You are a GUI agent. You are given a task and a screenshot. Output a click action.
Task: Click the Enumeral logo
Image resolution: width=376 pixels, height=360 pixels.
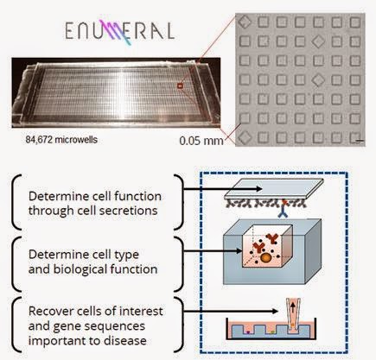tap(119, 31)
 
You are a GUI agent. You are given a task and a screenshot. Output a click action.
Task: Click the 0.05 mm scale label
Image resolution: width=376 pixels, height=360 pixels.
tap(201, 141)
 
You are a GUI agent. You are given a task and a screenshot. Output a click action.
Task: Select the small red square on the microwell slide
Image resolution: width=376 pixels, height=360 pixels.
tap(180, 85)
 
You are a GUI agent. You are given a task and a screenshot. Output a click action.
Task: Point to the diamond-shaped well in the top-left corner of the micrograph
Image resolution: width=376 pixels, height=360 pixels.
tap(245, 22)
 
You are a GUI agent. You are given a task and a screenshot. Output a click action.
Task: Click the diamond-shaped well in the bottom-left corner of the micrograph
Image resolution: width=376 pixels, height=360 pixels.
tap(245, 137)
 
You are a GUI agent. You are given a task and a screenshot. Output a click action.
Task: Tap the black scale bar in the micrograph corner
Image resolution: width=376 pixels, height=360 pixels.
tap(362, 141)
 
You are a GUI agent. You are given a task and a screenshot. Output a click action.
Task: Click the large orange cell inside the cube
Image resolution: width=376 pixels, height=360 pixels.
tap(266, 258)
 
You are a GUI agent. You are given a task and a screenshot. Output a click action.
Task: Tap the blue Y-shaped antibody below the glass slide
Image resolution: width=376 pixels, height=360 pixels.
tap(284, 212)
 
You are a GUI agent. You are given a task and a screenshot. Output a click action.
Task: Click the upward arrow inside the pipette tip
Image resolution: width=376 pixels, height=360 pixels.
tap(293, 309)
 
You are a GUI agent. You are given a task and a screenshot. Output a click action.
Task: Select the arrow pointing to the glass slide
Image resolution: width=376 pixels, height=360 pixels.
tap(223, 189)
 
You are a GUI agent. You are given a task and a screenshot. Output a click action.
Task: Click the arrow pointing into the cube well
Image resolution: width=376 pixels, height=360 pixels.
tap(213, 251)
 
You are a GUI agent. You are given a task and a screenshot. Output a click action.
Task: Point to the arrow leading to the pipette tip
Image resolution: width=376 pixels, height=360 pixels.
tap(231, 311)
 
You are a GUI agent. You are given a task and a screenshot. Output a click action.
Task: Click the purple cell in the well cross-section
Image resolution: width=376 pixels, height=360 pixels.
tap(248, 332)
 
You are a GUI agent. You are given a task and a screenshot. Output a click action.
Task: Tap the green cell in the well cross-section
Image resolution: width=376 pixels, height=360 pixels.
tap(273, 332)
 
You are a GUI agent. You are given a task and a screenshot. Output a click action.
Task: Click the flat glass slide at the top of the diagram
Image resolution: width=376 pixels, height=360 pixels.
tap(274, 189)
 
